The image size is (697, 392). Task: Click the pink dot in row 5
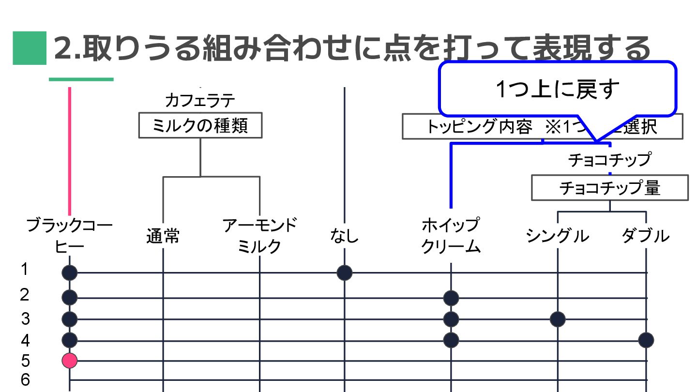point(70,360)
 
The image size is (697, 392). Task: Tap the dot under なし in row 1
point(344,273)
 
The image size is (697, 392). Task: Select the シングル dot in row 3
point(558,319)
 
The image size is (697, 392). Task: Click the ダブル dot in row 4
point(646,340)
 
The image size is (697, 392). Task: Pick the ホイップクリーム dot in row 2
point(451,297)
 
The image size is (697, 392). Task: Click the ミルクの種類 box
point(200,126)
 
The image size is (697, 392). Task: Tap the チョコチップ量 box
point(609,188)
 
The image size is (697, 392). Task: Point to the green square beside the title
point(30,48)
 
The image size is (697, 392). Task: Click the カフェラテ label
point(200,101)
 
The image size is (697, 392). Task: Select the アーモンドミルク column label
point(260,236)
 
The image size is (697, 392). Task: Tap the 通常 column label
point(163,237)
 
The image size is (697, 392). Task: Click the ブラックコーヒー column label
point(70,236)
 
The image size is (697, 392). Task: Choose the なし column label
point(344,237)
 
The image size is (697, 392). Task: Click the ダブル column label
point(646,236)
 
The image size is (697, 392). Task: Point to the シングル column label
point(557,236)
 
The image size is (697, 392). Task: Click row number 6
point(25,380)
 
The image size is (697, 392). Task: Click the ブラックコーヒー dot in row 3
point(70,319)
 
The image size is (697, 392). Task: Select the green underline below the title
point(81,79)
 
